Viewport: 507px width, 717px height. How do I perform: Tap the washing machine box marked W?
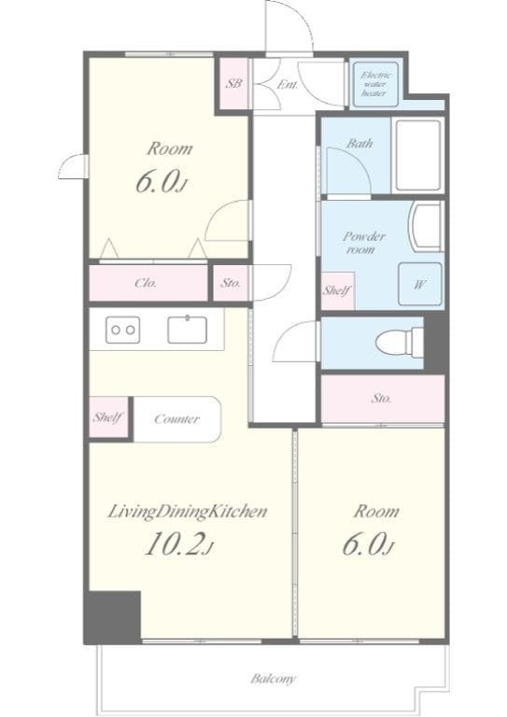pyautogui.click(x=419, y=284)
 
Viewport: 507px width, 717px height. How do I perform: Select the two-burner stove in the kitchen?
pyautogui.click(x=122, y=330)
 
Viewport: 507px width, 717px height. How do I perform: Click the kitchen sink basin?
pyautogui.click(x=187, y=330)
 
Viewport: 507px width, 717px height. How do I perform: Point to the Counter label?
pyautogui.click(x=176, y=419)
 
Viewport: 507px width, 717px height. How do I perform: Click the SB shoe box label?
pyautogui.click(x=234, y=84)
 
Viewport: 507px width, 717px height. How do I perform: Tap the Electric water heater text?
pyautogui.click(x=374, y=84)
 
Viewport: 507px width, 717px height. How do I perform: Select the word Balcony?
pyautogui.click(x=273, y=679)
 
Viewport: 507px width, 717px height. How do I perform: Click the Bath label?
pyautogui.click(x=359, y=143)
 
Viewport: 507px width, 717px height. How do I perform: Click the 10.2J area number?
pyautogui.click(x=178, y=544)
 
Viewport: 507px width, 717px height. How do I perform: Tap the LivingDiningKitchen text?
pyautogui.click(x=187, y=512)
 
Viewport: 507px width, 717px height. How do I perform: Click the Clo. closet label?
pyautogui.click(x=146, y=283)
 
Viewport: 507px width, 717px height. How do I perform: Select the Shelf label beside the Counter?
pyautogui.click(x=108, y=417)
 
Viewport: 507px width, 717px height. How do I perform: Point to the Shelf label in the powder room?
pyautogui.click(x=337, y=290)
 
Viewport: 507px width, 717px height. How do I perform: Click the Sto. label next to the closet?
pyautogui.click(x=231, y=283)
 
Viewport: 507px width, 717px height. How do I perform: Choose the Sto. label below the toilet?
pyautogui.click(x=381, y=399)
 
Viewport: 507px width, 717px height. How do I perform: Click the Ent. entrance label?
pyautogui.click(x=288, y=85)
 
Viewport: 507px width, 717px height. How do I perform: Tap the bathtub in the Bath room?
pyautogui.click(x=418, y=156)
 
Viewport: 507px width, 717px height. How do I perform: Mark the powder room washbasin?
pyautogui.click(x=427, y=227)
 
